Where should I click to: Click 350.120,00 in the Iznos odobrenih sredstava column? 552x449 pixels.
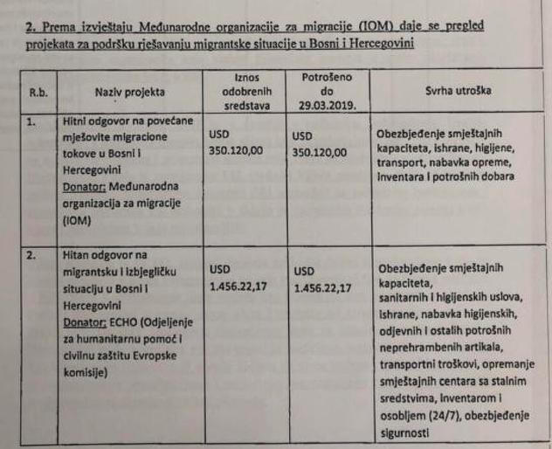point(238,150)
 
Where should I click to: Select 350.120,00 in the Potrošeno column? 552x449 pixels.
point(321,151)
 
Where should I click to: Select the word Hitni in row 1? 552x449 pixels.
point(77,121)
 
